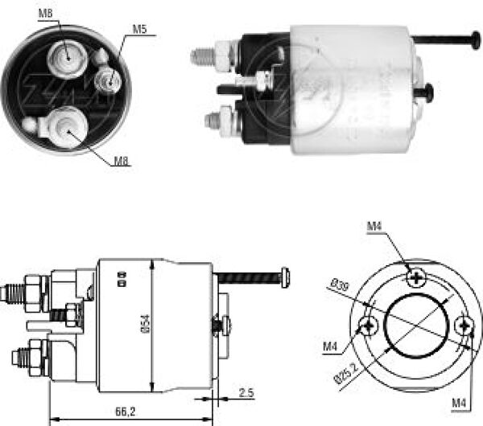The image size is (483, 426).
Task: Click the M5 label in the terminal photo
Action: pos(139,30)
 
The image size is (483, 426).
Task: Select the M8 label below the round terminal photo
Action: pos(120,160)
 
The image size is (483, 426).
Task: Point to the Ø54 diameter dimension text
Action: pos(144,322)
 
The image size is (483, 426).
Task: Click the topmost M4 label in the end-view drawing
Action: pos(374,227)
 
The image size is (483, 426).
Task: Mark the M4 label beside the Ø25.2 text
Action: pos(330,347)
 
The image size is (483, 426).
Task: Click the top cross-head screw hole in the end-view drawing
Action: pos(416,277)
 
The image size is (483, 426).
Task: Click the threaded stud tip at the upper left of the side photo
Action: pos(198,57)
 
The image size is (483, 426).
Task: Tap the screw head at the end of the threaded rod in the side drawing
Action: pos(283,278)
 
